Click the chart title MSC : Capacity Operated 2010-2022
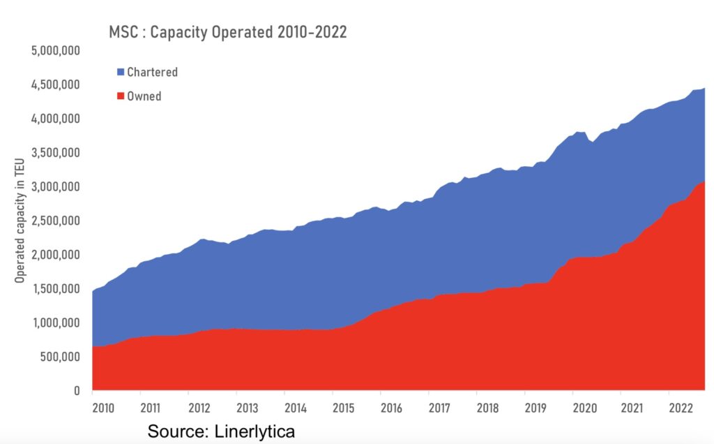pos(227,32)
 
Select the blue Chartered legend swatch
pos(121,72)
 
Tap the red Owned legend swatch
pos(121,96)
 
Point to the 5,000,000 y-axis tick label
pos(56,51)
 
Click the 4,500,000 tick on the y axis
pos(56,85)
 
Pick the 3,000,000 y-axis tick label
pos(56,187)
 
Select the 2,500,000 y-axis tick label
pos(56,221)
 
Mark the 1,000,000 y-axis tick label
pos(56,323)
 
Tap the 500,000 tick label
pos(61,357)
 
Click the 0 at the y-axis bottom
pos(78,392)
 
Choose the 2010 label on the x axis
pos(103,408)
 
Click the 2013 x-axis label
pos(246,408)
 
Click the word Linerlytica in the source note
pos(252,431)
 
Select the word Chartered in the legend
pos(152,72)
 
